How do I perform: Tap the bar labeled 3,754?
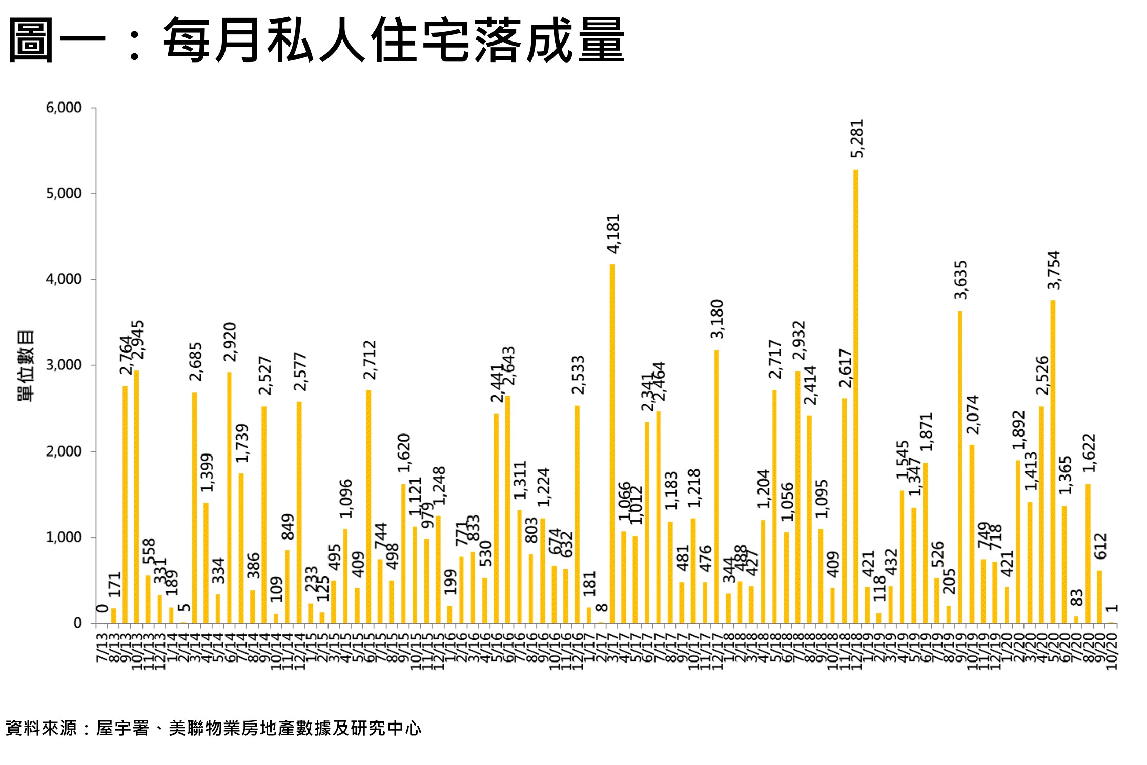click(1053, 461)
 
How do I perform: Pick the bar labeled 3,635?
click(960, 466)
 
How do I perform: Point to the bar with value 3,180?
click(716, 486)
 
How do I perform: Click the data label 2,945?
click(138, 340)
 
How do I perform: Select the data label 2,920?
click(231, 342)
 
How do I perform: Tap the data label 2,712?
click(370, 360)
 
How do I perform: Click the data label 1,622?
click(1089, 453)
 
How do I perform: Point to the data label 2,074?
click(973, 415)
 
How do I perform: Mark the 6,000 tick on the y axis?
click(64, 108)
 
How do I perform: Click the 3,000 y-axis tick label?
click(64, 365)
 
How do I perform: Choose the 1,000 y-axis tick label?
click(64, 537)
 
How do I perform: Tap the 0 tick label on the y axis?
click(78, 623)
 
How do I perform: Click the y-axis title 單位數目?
click(26, 365)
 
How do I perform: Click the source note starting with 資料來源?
click(213, 728)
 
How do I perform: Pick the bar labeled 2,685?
click(194, 507)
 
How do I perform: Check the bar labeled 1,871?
click(925, 543)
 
